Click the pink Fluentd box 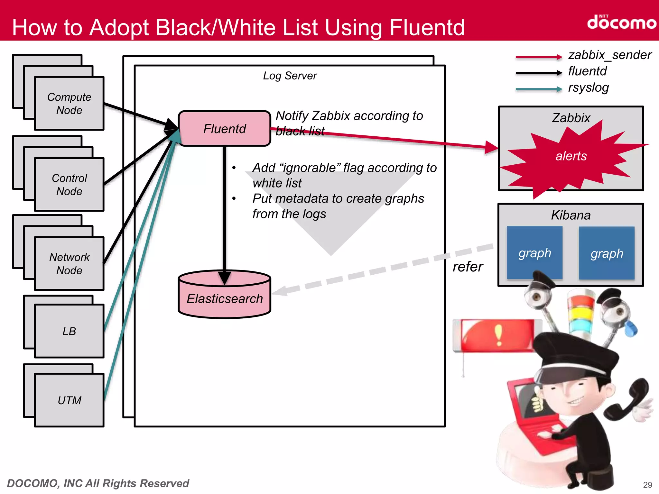(224, 129)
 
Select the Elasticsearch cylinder (224, 298)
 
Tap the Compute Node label (69, 104)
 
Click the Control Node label (69, 185)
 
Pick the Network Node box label (69, 264)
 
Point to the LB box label (69, 331)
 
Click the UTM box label (69, 400)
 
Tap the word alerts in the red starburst (571, 156)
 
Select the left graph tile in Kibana (534, 253)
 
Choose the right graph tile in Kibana (607, 253)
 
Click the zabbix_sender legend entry (609, 55)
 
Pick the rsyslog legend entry (588, 88)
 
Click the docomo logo (621, 23)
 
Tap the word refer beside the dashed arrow (468, 267)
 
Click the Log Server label (290, 76)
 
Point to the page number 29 (647, 485)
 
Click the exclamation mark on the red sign (498, 334)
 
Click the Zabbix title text (571, 118)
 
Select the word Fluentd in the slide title (427, 28)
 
